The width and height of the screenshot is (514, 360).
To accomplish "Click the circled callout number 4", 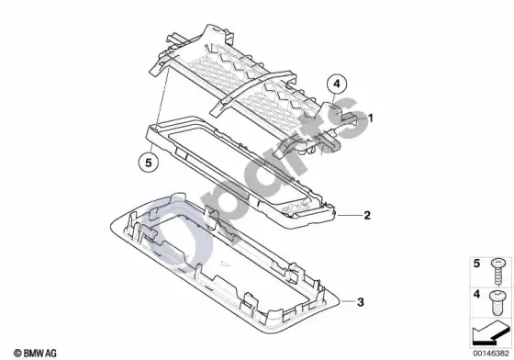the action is [337, 84].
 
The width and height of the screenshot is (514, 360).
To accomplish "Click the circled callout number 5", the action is [149, 163].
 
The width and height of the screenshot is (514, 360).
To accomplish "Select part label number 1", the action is [371, 118].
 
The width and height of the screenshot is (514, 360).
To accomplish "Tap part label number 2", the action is [367, 215].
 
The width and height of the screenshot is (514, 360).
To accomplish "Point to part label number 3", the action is [360, 301].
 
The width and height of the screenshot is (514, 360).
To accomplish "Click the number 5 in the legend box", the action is [476, 264].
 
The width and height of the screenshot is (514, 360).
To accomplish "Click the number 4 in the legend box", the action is [476, 294].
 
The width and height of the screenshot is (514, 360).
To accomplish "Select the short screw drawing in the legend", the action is [497, 303].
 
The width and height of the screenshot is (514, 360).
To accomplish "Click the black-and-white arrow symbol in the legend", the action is [491, 333].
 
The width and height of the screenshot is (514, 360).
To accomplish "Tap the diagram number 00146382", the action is [491, 354].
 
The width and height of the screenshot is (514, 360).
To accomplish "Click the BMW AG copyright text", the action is [35, 353].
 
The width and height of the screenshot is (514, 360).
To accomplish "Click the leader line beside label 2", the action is [349, 216].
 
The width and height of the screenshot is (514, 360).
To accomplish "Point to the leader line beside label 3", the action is [348, 301].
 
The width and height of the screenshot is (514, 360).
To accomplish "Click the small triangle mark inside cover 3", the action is [225, 264].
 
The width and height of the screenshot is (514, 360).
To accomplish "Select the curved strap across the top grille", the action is [252, 90].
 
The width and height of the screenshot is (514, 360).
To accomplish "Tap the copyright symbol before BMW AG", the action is [17, 354].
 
